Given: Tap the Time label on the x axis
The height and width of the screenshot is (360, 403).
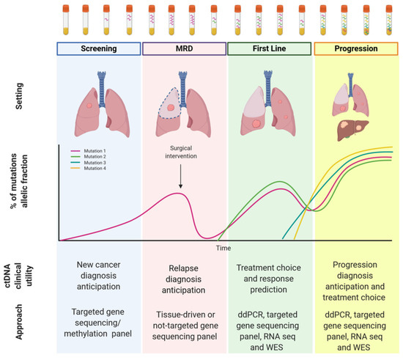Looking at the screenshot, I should coord(223,249).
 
